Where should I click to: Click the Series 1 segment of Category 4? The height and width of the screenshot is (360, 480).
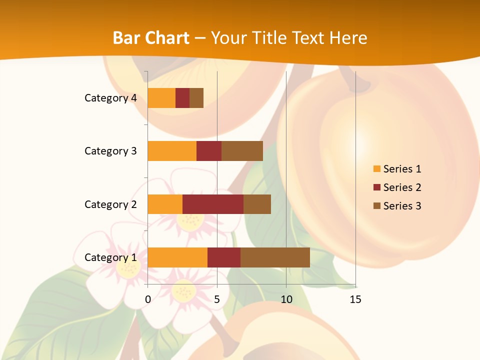(x=161, y=98)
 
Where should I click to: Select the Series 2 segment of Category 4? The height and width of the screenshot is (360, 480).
(x=182, y=98)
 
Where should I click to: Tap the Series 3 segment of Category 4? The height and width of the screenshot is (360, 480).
(x=196, y=98)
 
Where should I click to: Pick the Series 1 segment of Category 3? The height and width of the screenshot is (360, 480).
(x=172, y=151)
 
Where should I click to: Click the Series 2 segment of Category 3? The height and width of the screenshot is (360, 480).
(x=209, y=151)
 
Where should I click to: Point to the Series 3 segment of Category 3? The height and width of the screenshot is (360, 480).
(x=242, y=151)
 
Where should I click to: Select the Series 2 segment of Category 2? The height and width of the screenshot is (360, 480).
(x=213, y=204)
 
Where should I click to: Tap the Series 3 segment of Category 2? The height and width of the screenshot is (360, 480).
(x=257, y=204)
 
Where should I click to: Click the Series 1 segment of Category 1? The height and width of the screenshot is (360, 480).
(x=177, y=257)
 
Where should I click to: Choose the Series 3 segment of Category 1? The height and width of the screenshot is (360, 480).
(x=275, y=257)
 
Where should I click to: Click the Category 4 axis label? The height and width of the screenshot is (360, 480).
(x=110, y=98)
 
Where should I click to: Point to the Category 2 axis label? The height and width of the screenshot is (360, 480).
(x=110, y=204)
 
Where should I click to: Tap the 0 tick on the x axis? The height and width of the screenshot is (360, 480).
(x=148, y=299)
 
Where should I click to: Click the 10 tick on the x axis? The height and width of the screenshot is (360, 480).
(x=286, y=299)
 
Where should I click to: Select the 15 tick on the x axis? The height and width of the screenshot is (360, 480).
(x=355, y=299)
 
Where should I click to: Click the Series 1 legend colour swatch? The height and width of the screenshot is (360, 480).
(x=376, y=169)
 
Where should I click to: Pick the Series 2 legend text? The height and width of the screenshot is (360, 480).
(x=402, y=187)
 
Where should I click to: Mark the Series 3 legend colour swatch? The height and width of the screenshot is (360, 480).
(x=376, y=206)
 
